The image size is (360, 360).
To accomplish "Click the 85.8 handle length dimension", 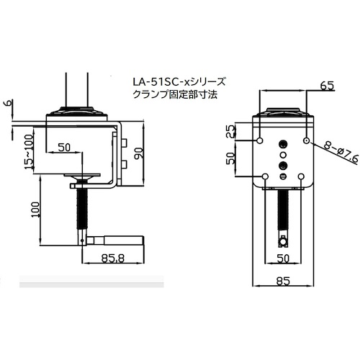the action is click(113, 258).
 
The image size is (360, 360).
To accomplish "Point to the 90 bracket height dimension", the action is click(140, 153).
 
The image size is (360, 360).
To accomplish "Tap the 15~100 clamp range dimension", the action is click(29, 152).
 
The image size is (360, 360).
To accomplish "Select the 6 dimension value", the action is click(9, 104).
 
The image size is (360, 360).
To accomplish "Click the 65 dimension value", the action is click(327, 86).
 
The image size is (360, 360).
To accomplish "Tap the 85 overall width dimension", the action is click(283, 281).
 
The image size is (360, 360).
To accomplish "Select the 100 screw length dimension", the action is click(35, 210).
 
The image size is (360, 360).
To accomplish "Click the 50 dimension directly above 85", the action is click(283, 258).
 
